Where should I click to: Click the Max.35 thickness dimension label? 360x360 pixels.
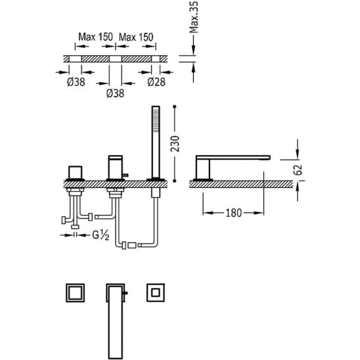tap(194, 17)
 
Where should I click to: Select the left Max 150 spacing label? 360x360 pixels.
tap(95, 37)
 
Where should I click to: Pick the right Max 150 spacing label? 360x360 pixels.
tap(136, 37)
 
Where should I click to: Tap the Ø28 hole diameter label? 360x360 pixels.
tap(156, 82)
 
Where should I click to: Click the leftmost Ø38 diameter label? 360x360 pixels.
tap(76, 82)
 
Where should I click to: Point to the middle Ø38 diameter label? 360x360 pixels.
tap(115, 93)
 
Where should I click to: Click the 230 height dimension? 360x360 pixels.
tap(175, 144)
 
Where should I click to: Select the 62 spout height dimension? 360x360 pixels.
tap(298, 170)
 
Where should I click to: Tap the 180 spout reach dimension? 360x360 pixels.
tap(234, 213)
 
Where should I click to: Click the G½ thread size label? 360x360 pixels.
tap(101, 235)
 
